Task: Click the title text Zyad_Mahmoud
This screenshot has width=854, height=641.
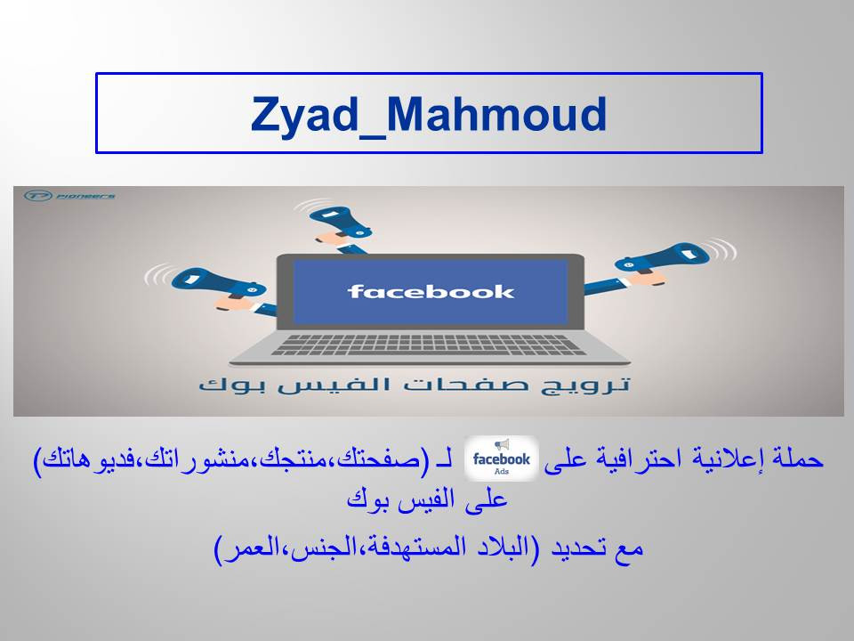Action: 429,114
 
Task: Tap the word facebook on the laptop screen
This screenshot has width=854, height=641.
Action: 431,291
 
